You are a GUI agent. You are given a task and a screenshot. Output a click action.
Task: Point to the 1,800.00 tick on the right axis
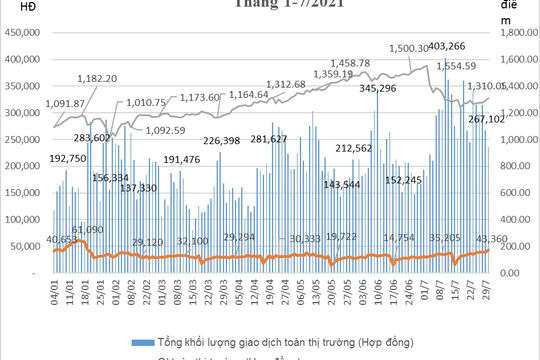[x=511, y=33]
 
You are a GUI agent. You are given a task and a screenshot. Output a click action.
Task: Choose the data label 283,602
[x=93, y=139]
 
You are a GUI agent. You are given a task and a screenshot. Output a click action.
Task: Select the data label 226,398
[x=227, y=140]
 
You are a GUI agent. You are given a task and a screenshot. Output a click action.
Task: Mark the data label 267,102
[x=492, y=119]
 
